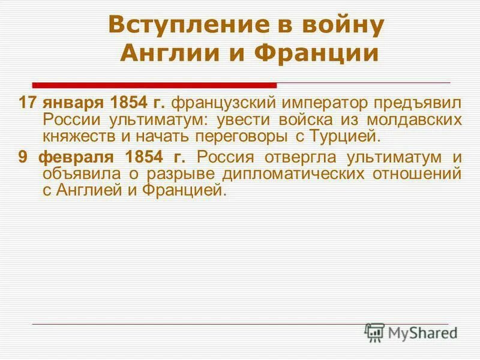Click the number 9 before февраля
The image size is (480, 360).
(x=23, y=158)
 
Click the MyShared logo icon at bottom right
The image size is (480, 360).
(x=375, y=332)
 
